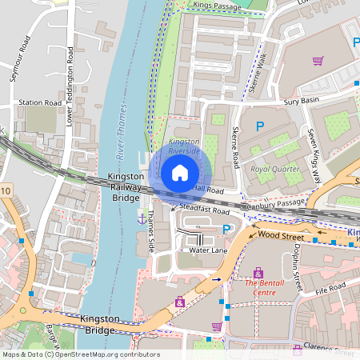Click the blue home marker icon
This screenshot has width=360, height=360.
tap(180, 172)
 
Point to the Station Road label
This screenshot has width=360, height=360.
tap(40, 103)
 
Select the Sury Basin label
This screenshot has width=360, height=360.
tap(302, 103)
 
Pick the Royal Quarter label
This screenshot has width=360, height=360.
tap(274, 169)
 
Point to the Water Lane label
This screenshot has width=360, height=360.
tap(209, 250)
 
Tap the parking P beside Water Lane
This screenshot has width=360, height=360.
tap(226, 230)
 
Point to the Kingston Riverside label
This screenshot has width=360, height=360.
tap(183, 146)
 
